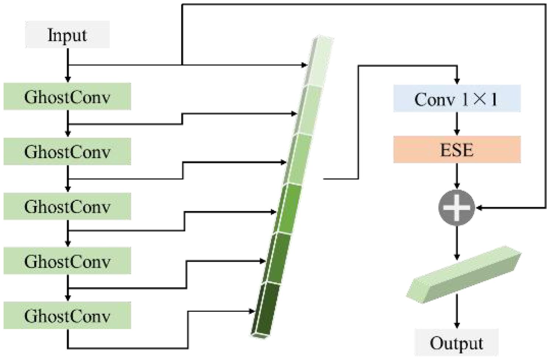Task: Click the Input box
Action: point(67,35)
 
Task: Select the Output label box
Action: point(456,343)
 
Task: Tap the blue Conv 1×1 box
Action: point(457,98)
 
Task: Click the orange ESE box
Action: point(457,149)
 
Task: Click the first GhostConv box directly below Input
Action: point(67,97)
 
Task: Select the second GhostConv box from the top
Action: point(67,151)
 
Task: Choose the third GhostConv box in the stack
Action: point(67,206)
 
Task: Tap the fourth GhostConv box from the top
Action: point(67,261)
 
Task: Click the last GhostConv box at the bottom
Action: point(67,315)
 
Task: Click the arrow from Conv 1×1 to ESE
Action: point(457,124)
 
